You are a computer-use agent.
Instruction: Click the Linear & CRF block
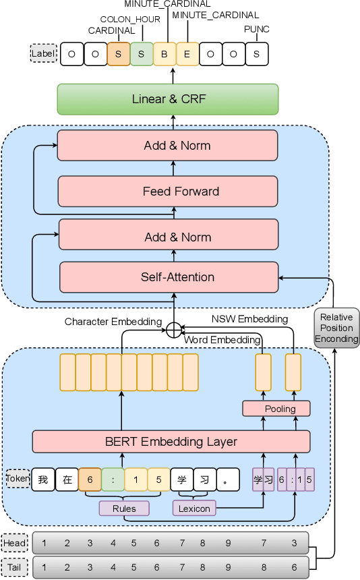[x=168, y=99]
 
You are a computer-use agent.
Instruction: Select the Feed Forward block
[x=168, y=191]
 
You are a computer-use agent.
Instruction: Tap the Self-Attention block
[x=169, y=277]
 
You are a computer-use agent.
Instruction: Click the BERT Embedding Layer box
[x=171, y=442]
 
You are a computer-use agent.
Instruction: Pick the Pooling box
[x=276, y=409]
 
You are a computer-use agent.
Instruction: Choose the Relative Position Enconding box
[x=336, y=328]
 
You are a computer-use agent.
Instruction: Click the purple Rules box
[x=124, y=508]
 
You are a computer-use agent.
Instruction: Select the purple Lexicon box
[x=193, y=508]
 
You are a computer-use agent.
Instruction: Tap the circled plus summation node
[x=174, y=330]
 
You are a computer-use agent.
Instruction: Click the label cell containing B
[x=164, y=54]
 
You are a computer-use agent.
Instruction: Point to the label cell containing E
[x=187, y=54]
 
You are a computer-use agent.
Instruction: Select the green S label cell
[x=141, y=54]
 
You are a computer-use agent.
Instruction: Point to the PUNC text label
[x=256, y=29]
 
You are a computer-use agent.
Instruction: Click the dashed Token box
[x=18, y=479]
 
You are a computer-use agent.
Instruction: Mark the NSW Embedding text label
[x=249, y=319]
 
